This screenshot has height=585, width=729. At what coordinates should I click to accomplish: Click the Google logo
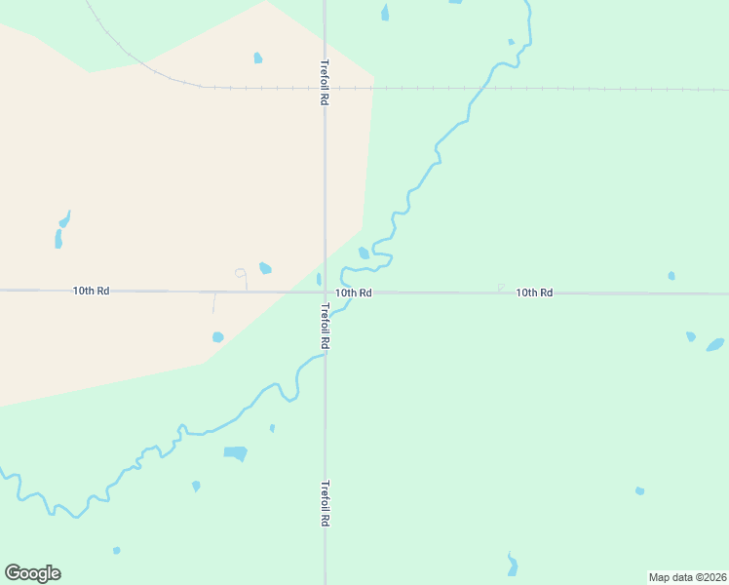click(33, 573)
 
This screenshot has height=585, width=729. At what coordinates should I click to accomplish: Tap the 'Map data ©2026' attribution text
click(687, 577)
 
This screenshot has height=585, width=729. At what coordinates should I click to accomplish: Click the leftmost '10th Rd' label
click(91, 291)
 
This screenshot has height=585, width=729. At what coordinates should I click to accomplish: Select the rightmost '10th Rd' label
click(534, 292)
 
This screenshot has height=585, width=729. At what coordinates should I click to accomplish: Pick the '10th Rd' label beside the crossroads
click(354, 292)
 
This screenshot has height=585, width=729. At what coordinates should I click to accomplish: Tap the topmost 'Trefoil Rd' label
click(324, 83)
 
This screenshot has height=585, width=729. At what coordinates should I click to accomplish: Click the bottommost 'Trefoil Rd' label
click(325, 503)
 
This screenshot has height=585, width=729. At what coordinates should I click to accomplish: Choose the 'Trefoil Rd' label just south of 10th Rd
click(325, 326)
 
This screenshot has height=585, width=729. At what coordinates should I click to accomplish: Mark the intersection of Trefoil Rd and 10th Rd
click(325, 292)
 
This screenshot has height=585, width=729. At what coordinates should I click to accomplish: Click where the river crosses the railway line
click(479, 88)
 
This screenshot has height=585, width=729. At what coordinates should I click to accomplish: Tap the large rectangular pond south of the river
click(236, 453)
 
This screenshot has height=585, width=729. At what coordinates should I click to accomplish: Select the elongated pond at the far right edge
click(715, 344)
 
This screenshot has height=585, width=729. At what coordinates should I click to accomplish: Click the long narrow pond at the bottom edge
click(513, 565)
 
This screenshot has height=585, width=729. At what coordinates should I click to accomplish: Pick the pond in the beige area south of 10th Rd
click(217, 337)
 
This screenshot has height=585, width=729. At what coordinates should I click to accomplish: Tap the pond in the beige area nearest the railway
click(257, 58)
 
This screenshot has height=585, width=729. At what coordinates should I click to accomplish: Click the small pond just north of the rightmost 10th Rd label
click(671, 276)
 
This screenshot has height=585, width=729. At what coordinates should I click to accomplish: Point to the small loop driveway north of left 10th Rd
click(241, 273)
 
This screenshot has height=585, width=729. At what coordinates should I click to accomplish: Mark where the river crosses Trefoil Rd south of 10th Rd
click(325, 356)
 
